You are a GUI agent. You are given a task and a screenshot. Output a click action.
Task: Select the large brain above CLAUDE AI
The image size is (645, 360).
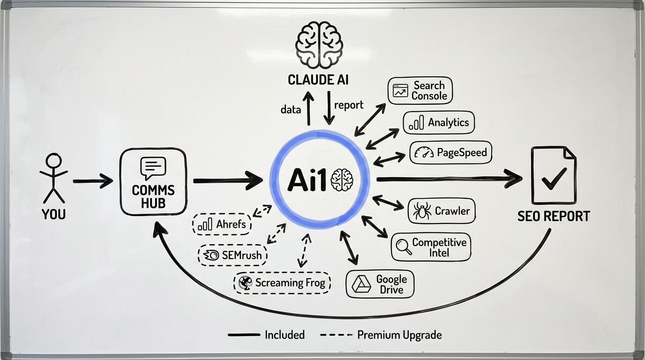[319, 45]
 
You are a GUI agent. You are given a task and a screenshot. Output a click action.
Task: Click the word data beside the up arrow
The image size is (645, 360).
[291, 110]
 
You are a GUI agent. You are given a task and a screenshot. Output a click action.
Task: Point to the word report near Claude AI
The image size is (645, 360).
[349, 105]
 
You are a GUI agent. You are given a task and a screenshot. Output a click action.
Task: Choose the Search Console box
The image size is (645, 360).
[420, 90]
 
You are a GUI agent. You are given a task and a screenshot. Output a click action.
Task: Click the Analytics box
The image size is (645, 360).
[439, 123]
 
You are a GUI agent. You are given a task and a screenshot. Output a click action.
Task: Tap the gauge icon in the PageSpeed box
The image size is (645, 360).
[424, 153]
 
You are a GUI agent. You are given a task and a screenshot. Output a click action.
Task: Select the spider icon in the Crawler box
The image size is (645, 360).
[422, 211]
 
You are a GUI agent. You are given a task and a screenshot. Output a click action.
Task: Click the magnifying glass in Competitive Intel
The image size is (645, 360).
[404, 247]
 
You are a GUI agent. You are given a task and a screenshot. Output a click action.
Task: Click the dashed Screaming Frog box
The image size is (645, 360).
[282, 283]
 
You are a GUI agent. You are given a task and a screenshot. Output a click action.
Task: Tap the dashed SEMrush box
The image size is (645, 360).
[232, 255]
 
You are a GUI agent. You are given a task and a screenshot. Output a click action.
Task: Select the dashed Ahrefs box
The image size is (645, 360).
[222, 225]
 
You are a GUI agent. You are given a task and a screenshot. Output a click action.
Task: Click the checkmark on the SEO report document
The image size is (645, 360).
[553, 178]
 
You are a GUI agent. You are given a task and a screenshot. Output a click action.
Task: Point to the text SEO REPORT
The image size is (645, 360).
[554, 216]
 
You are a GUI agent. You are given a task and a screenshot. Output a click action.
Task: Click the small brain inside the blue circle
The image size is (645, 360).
[341, 180]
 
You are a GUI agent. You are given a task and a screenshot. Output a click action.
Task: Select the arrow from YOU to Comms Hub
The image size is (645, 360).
[92, 180]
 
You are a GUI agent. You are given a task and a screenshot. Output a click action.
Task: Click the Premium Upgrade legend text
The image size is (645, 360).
[399, 335]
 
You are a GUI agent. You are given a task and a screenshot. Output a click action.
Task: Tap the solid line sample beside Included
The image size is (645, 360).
[244, 335]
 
